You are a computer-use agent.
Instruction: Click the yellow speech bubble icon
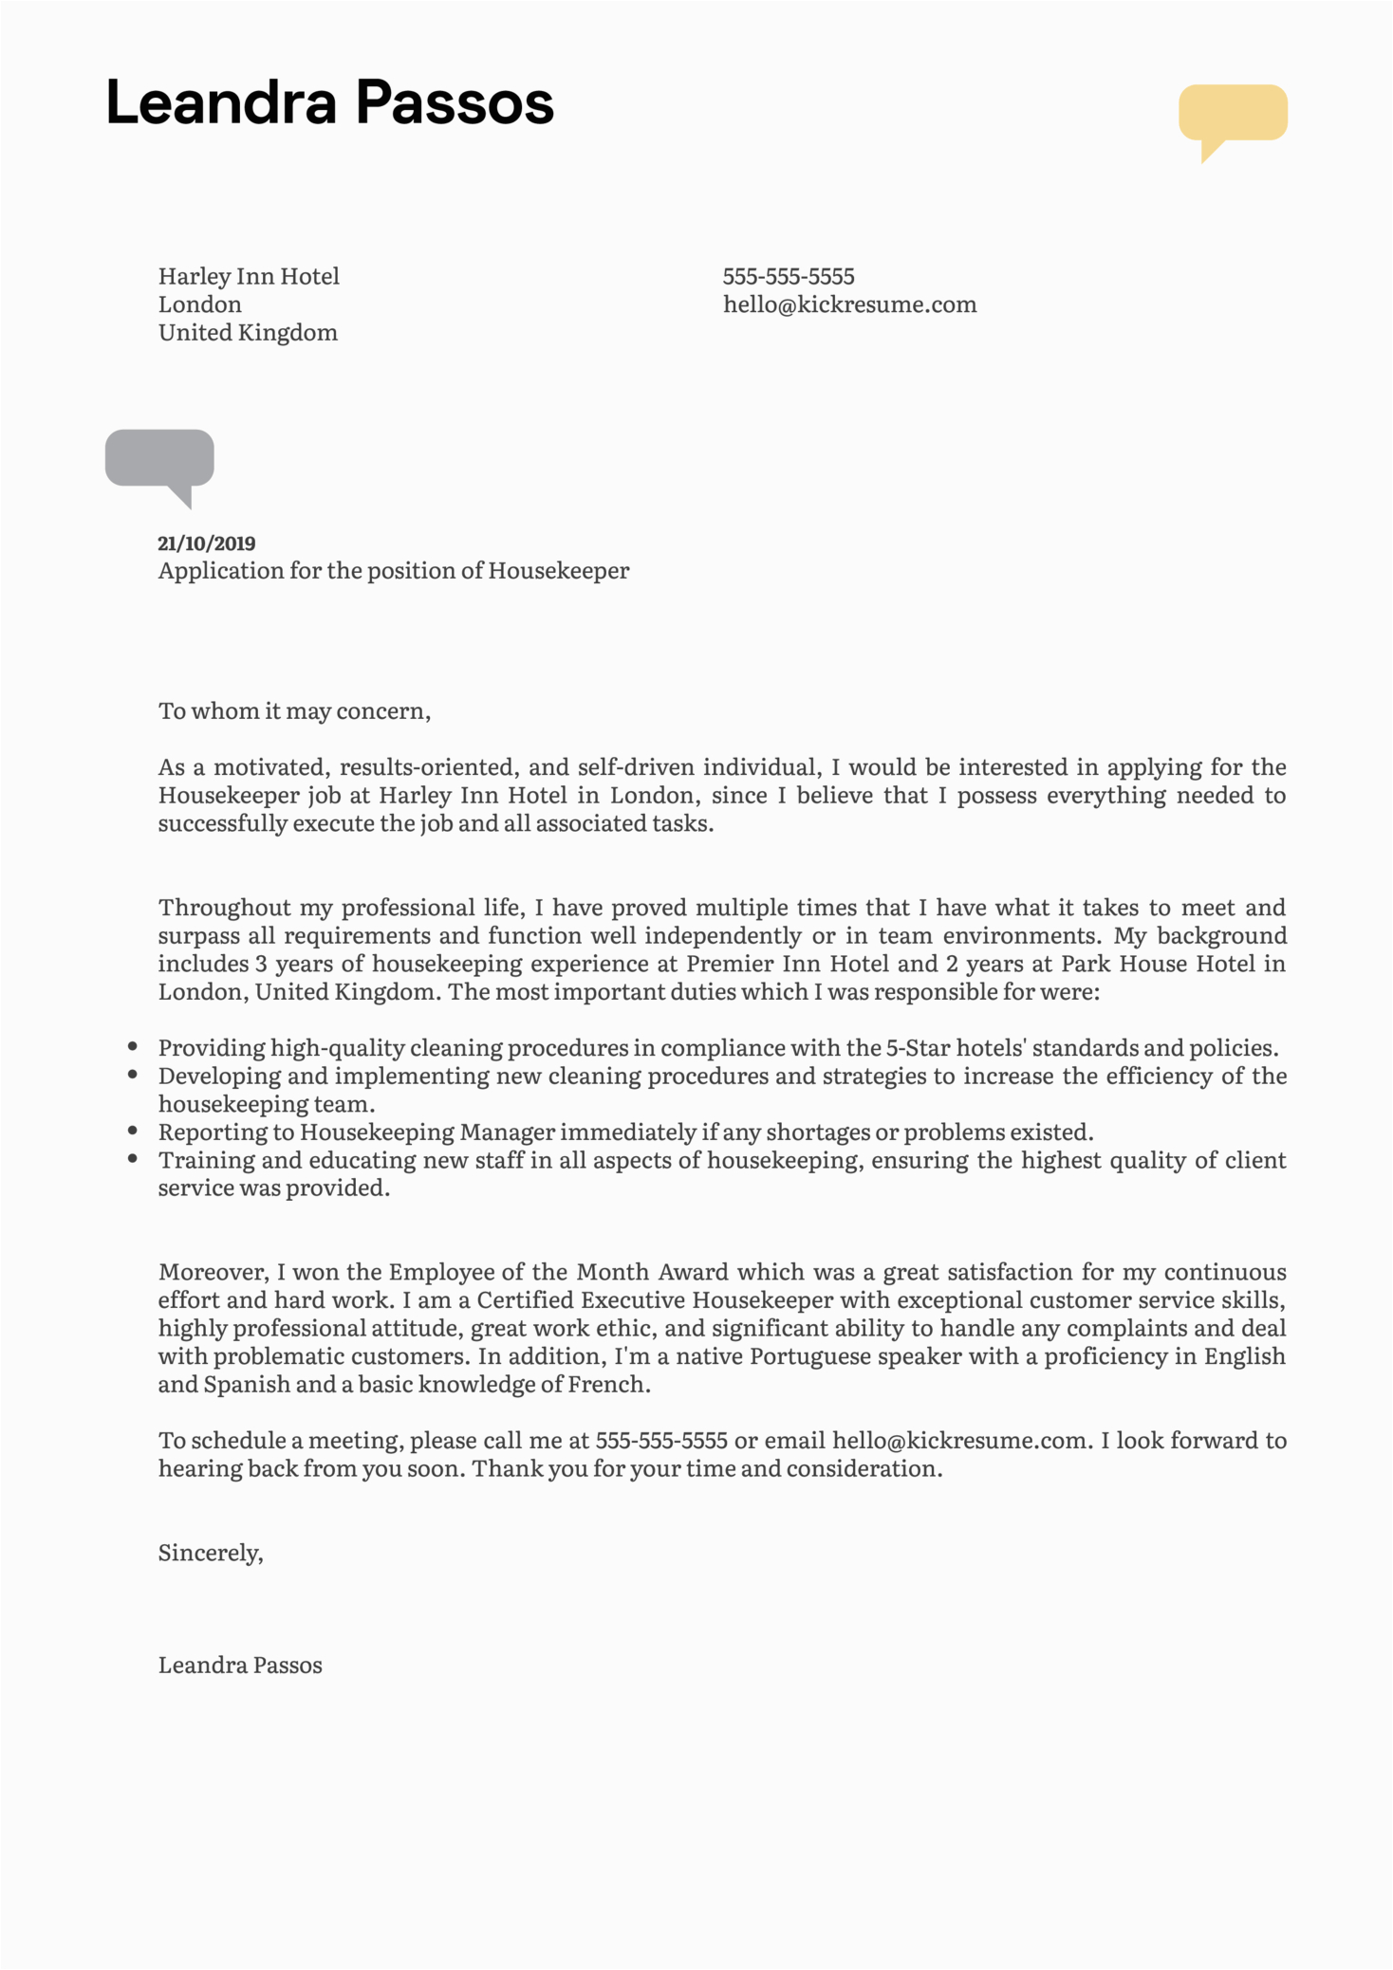[x=1233, y=114]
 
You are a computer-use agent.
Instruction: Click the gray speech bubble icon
[x=159, y=459]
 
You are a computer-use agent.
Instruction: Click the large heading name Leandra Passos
[x=329, y=102]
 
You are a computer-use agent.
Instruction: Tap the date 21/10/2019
[x=207, y=543]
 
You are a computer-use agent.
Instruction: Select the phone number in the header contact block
[x=789, y=277]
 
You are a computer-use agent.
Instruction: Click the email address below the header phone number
[x=849, y=304]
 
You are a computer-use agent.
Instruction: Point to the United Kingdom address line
[x=248, y=333]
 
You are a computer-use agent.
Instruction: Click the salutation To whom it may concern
[x=294, y=711]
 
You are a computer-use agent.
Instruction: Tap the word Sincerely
[x=210, y=1553]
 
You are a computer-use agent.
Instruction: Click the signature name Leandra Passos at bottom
[x=240, y=1665]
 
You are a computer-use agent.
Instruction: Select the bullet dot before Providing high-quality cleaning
[x=133, y=1047]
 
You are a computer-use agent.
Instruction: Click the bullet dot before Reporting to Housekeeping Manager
[x=133, y=1131]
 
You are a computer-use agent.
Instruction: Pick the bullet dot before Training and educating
[x=133, y=1158]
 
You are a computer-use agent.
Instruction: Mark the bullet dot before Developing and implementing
[x=133, y=1075]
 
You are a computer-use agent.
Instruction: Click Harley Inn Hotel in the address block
[x=249, y=277]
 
